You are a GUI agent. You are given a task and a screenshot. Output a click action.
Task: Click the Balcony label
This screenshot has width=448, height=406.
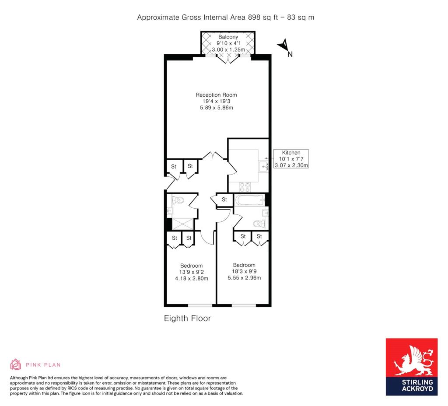[228, 37]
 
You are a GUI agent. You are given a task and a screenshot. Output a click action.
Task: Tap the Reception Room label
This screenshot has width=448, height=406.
[216, 95]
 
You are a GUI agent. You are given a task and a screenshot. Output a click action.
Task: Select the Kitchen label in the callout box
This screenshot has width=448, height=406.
[291, 153]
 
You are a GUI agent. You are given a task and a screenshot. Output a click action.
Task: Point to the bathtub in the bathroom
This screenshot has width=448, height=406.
[250, 200]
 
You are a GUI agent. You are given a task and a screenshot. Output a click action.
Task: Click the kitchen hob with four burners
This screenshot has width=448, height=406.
[245, 187]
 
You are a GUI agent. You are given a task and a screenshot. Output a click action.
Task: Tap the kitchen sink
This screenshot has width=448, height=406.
[263, 166]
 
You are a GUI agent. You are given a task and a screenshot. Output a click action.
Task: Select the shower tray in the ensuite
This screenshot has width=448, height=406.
[183, 224]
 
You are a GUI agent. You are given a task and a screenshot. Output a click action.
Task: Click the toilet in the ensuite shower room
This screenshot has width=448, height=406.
[178, 200]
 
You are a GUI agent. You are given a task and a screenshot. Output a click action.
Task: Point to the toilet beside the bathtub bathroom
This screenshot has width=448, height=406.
[259, 224]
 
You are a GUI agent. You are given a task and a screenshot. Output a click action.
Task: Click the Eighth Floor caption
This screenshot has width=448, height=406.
[187, 318]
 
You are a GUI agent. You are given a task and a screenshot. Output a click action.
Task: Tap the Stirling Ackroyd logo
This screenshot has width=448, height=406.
[411, 367]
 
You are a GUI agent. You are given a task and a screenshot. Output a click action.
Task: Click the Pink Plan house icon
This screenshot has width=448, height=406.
[15, 364]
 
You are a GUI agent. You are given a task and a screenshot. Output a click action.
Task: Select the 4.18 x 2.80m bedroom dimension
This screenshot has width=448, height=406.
[192, 278]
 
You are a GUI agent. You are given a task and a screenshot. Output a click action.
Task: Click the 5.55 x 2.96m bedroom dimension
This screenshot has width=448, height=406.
[244, 278]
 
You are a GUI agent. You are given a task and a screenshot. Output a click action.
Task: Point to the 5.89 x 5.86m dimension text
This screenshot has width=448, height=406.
[216, 108]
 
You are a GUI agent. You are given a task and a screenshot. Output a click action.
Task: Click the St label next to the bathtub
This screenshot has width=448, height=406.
[224, 199]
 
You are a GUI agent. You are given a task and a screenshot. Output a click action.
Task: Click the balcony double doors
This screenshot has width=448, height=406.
[227, 59]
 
